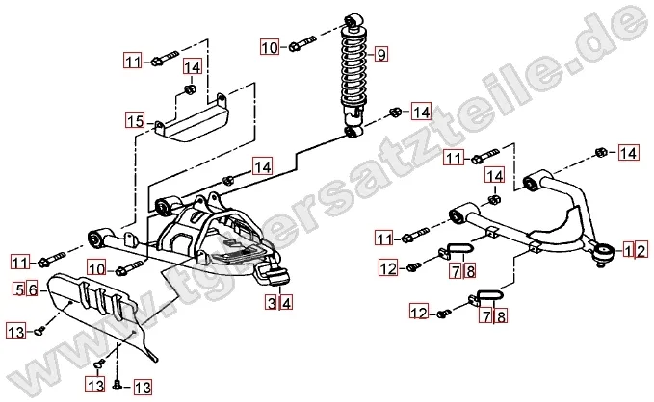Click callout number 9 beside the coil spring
pos(381,54)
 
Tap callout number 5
pos(19,288)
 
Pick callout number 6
pos(31,288)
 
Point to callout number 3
pos(273,302)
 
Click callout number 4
pos(285,302)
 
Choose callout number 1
pos(626,250)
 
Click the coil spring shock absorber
pos(353,72)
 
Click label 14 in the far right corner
pos(628,152)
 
